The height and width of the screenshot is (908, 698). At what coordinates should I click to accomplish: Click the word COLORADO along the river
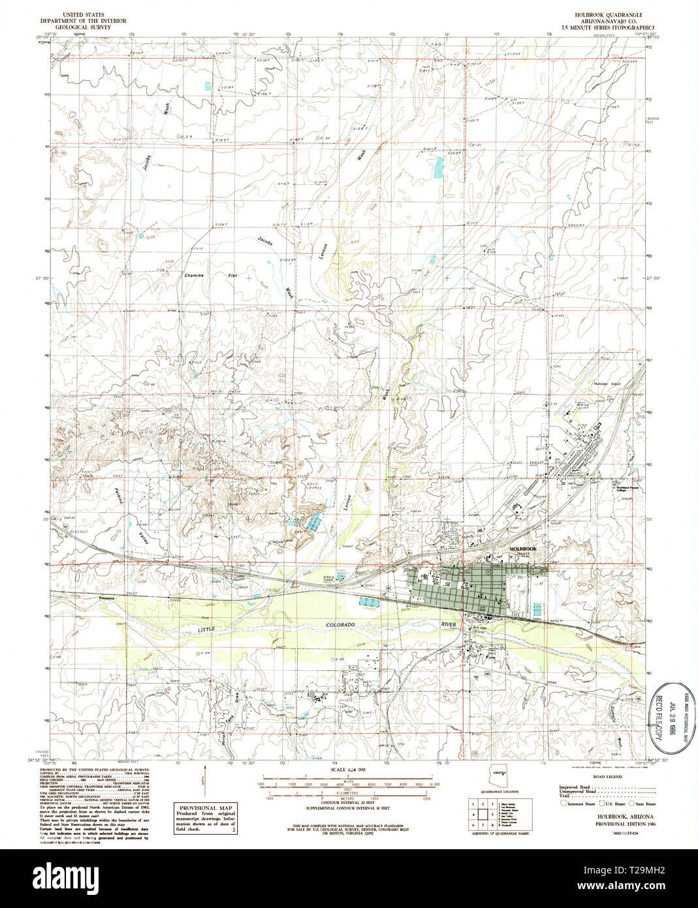341,625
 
